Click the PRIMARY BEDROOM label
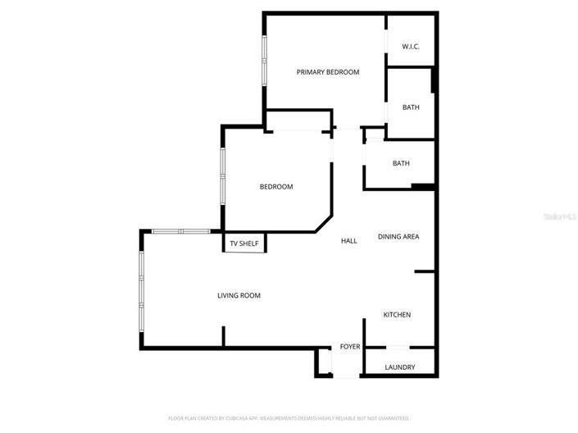pyautogui.click(x=327, y=72)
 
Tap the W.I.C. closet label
pyautogui.click(x=411, y=47)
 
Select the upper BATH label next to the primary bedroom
pyautogui.click(x=411, y=107)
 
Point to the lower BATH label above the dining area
pyautogui.click(x=401, y=163)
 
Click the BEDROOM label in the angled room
pyautogui.click(x=276, y=187)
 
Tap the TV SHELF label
pyautogui.click(x=243, y=244)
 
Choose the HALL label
pyautogui.click(x=348, y=241)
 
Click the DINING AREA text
pyautogui.click(x=398, y=237)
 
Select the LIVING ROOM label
pyautogui.click(x=239, y=295)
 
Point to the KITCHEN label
pyautogui.click(x=398, y=315)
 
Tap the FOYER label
pyautogui.click(x=350, y=347)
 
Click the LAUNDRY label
pyautogui.click(x=400, y=367)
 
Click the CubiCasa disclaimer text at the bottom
pyautogui.click(x=289, y=418)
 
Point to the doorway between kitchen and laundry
pyautogui.click(x=398, y=348)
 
